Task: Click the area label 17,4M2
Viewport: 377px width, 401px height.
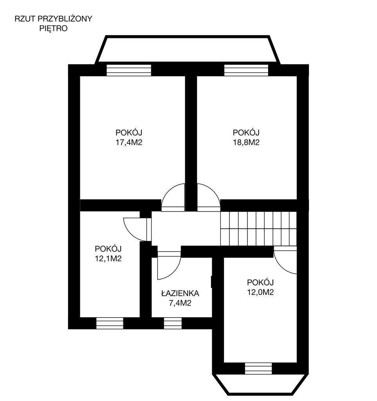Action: [129, 143]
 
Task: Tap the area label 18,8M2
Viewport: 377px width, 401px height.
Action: [246, 143]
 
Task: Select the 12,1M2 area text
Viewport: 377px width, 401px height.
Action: [108, 258]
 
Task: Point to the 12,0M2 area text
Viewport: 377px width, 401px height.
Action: [260, 292]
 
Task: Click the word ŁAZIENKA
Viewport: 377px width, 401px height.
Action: [180, 293]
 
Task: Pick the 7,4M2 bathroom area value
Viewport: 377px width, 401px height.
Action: [180, 303]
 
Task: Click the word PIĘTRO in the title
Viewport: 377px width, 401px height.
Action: [53, 28]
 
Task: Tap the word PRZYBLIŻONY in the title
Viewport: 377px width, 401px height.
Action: [65, 19]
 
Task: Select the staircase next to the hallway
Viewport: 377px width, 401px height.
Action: [258, 229]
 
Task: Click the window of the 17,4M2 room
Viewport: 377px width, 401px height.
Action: [129, 70]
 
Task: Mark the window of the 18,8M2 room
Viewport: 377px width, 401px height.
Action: [246, 70]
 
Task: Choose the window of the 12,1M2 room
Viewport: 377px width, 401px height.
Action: [110, 323]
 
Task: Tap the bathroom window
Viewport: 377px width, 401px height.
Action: [173, 323]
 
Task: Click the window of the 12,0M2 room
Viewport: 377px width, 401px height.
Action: [258, 368]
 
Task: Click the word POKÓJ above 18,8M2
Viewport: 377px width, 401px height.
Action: [246, 132]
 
